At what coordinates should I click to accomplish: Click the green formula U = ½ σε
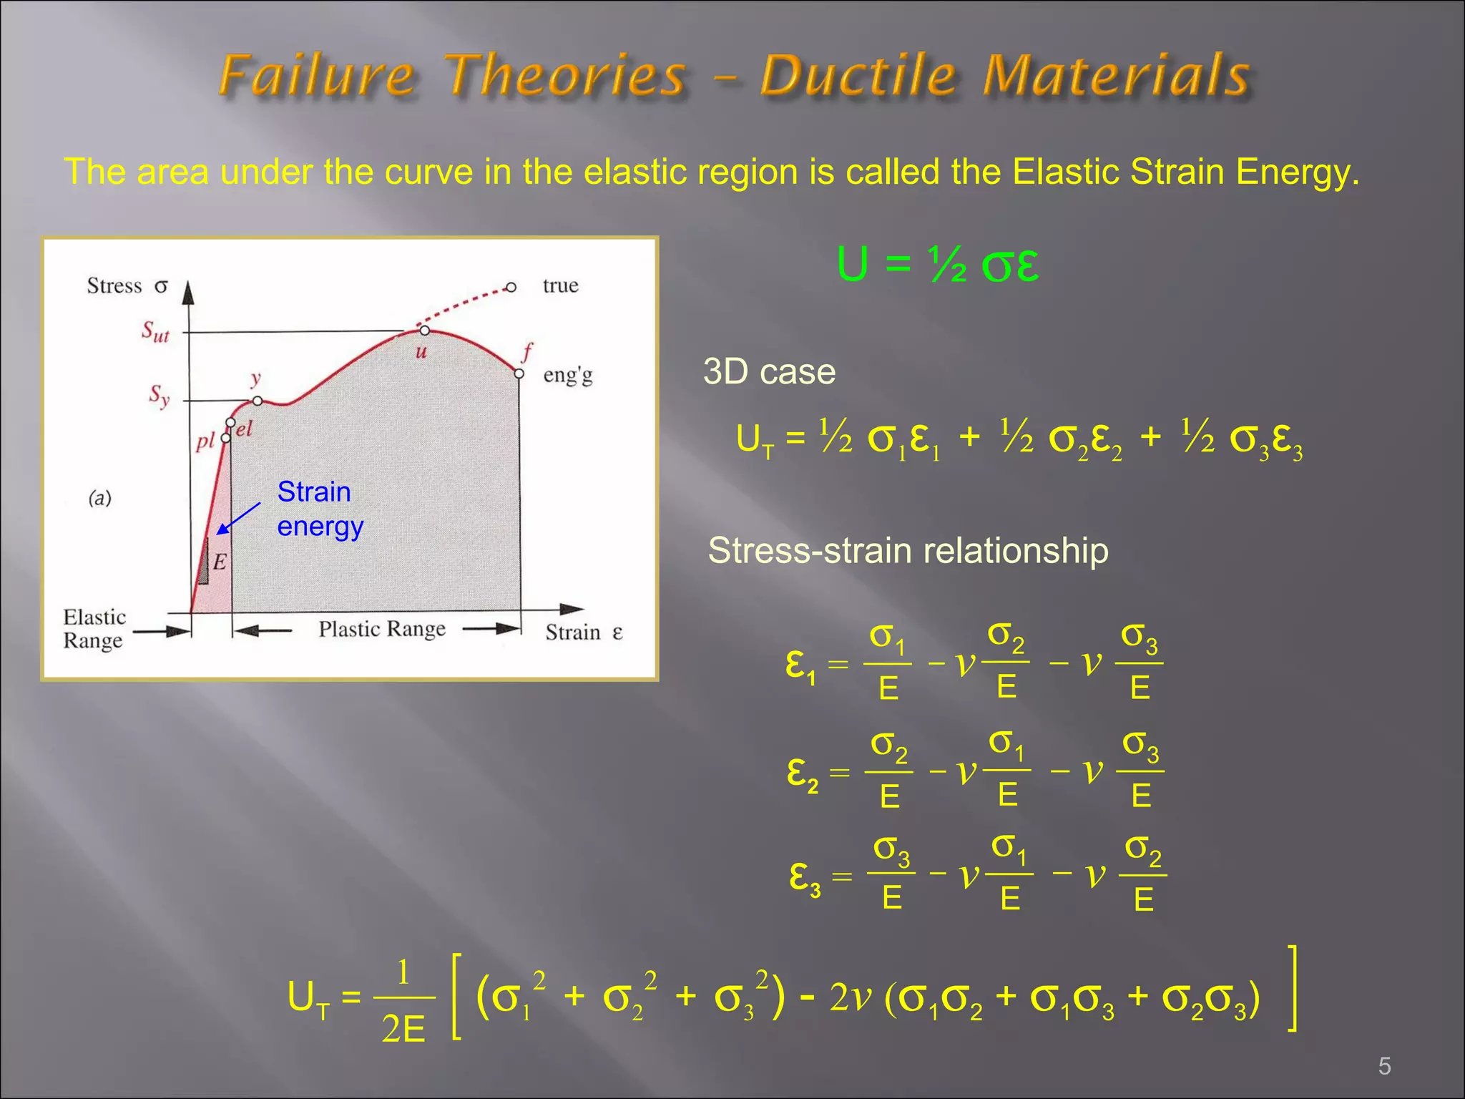click(937, 265)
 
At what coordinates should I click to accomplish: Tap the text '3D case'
click(769, 372)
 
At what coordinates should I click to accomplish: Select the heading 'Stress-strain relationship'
click(908, 551)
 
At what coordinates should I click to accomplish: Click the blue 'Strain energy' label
click(320, 509)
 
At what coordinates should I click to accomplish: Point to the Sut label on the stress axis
click(155, 332)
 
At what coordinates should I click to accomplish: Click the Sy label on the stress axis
click(159, 395)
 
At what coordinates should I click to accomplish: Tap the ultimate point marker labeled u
click(424, 331)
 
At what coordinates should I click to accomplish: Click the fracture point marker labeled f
click(519, 373)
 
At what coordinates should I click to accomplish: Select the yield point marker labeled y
click(258, 401)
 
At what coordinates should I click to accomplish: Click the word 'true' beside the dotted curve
click(560, 285)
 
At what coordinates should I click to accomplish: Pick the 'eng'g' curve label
click(568, 376)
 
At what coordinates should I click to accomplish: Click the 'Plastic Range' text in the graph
click(382, 629)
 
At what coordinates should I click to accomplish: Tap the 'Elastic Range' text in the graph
click(94, 628)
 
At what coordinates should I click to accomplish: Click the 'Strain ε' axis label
click(584, 632)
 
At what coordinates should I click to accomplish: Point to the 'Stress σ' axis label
click(127, 285)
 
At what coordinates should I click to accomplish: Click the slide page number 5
click(1384, 1067)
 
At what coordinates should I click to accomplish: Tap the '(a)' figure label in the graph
click(100, 497)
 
